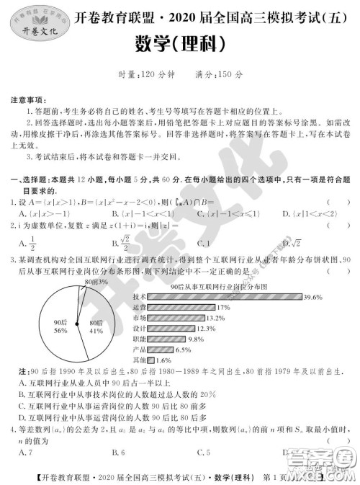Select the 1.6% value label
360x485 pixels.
(x=163, y=360)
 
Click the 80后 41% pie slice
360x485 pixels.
(x=96, y=326)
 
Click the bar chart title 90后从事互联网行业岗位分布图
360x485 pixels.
(x=220, y=286)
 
